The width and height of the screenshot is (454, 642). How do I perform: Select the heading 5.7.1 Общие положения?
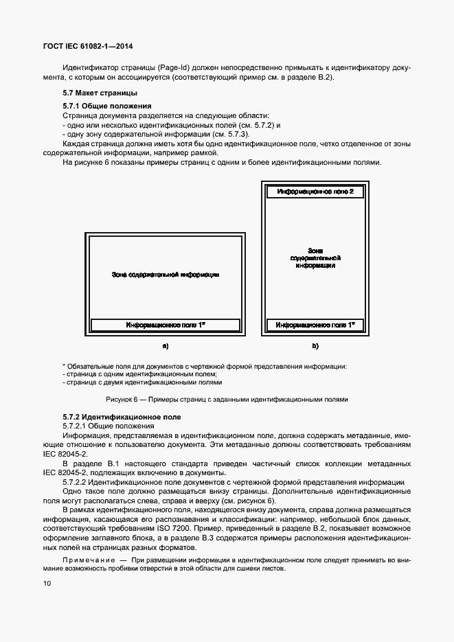click(x=106, y=106)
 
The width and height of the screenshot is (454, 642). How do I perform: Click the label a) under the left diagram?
click(x=165, y=345)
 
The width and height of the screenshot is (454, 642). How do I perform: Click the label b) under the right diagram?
click(x=315, y=345)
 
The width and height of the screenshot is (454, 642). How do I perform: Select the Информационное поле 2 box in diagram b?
click(x=315, y=192)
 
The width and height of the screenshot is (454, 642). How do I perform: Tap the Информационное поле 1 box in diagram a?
click(x=165, y=324)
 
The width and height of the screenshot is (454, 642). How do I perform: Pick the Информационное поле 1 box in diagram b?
click(x=315, y=324)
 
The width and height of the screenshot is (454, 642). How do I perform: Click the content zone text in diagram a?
click(x=165, y=275)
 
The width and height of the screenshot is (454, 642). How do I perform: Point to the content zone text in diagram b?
click(x=315, y=257)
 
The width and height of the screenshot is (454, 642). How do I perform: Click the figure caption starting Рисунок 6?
click(x=227, y=399)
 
